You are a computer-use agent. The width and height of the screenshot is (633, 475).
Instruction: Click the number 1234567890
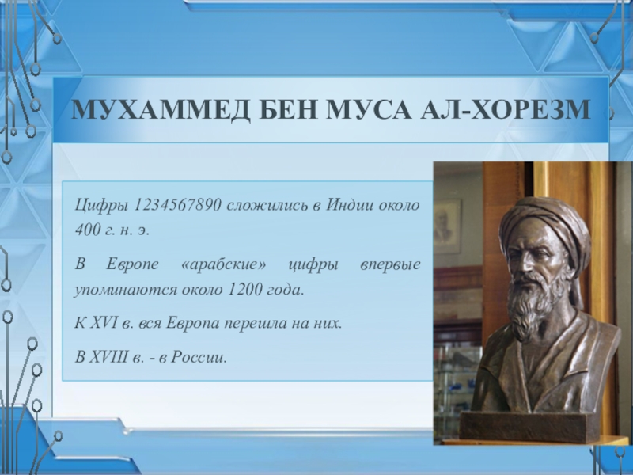point(176,205)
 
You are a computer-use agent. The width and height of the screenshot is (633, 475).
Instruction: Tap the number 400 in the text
point(88,230)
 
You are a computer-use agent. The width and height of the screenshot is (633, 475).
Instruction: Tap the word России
point(199,357)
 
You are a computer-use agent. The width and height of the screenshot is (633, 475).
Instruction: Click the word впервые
point(390,265)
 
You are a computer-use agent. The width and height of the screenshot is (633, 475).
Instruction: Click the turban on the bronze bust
point(544,224)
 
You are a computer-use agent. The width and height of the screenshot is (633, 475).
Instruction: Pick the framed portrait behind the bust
point(447,227)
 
